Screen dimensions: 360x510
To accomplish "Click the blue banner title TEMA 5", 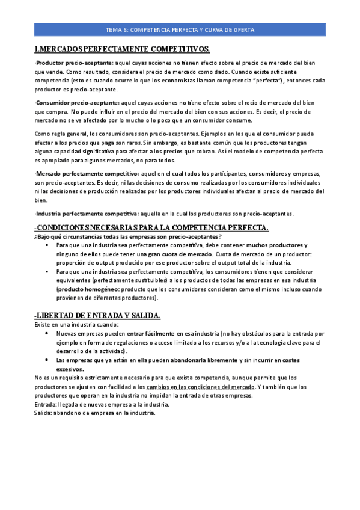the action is tap(180, 29).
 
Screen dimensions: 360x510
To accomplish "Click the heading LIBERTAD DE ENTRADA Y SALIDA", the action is tap(97, 315).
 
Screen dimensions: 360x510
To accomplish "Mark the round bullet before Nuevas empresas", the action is tap(47, 333).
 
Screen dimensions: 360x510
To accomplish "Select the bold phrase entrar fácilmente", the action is tap(151, 333).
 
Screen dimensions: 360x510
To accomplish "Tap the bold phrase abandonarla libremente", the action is tap(204, 360).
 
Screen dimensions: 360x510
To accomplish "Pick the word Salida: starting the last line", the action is tap(43, 413).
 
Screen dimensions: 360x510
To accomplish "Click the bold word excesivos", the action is tap(70, 369).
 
